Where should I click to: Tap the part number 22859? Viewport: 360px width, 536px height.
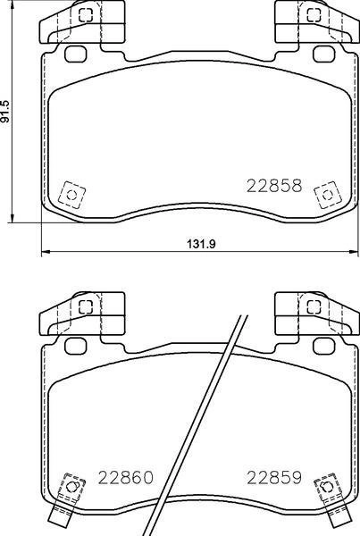(273, 478)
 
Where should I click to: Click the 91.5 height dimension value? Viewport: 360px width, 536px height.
(7, 111)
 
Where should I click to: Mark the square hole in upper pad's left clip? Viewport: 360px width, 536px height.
(86, 15)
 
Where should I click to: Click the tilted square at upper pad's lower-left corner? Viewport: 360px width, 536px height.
(70, 193)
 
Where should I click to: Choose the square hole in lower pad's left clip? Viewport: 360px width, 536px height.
(86, 306)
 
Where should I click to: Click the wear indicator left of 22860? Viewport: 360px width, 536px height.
(68, 490)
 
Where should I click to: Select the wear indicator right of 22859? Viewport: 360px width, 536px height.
(330, 490)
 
